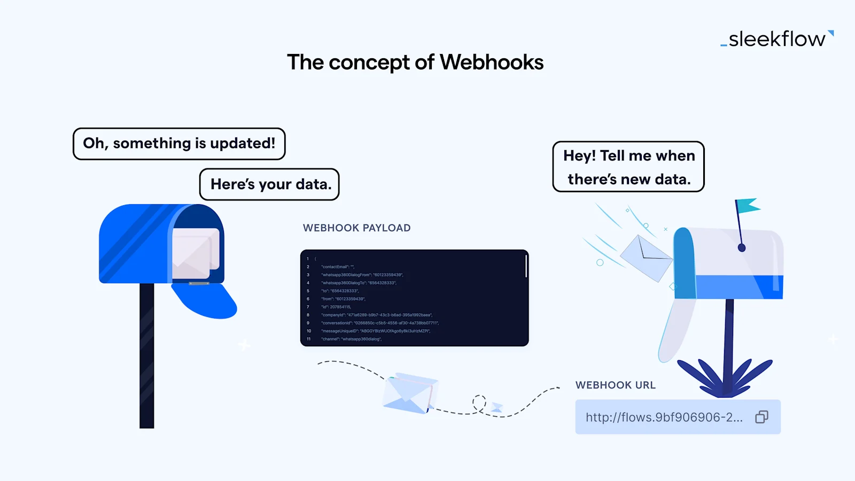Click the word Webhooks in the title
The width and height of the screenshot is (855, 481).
(491, 63)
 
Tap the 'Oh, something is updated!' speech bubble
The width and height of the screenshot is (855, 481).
(179, 144)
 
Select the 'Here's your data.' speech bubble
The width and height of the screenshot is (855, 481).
(270, 184)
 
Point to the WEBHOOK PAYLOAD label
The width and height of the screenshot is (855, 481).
(356, 228)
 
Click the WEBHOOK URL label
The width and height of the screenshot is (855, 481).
(615, 385)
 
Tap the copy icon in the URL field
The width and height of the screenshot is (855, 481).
(761, 417)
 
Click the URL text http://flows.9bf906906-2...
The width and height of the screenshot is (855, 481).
(664, 417)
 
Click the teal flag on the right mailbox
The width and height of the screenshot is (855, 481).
(748, 205)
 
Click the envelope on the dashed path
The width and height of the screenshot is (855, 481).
(410, 393)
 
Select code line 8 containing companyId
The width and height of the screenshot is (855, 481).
(376, 315)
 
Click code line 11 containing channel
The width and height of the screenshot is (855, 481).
(351, 339)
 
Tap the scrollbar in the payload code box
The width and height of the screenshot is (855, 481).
(526, 266)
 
